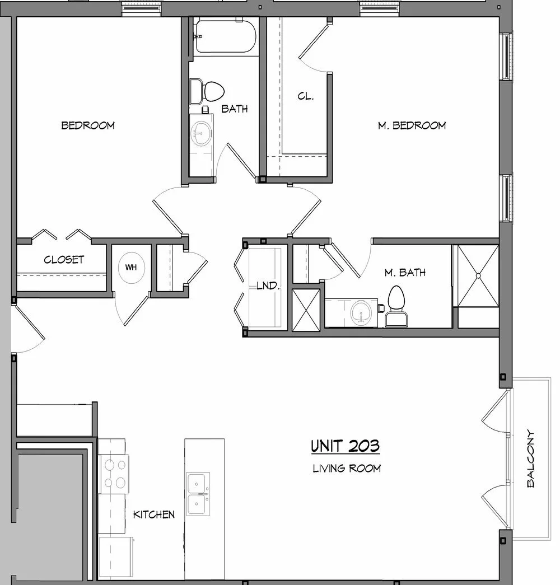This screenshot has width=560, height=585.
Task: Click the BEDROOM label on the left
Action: tap(88, 125)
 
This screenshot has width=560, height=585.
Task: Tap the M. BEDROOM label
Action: tap(412, 125)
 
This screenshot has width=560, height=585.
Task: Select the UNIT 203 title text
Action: tap(346, 446)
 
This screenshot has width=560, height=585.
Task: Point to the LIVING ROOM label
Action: tap(347, 468)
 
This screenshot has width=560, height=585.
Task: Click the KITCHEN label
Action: tap(154, 514)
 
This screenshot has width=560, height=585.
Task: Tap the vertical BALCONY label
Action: tap(530, 458)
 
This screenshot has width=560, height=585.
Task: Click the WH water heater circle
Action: tap(131, 267)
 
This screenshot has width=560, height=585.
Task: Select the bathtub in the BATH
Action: tap(225, 36)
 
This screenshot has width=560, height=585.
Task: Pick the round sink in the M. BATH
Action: tap(361, 312)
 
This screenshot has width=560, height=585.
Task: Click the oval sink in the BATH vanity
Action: tap(201, 133)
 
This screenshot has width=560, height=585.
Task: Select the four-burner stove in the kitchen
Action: tap(114, 474)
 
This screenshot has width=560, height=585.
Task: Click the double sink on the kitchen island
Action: tap(198, 494)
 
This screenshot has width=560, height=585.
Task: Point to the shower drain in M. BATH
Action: tap(478, 276)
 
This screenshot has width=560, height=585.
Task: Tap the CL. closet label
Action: tap(305, 96)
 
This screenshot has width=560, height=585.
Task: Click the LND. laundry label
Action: tap(268, 286)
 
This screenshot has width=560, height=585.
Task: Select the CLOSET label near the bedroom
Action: tap(64, 259)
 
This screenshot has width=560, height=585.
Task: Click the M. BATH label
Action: tap(405, 273)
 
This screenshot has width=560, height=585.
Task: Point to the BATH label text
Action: tap(235, 109)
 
